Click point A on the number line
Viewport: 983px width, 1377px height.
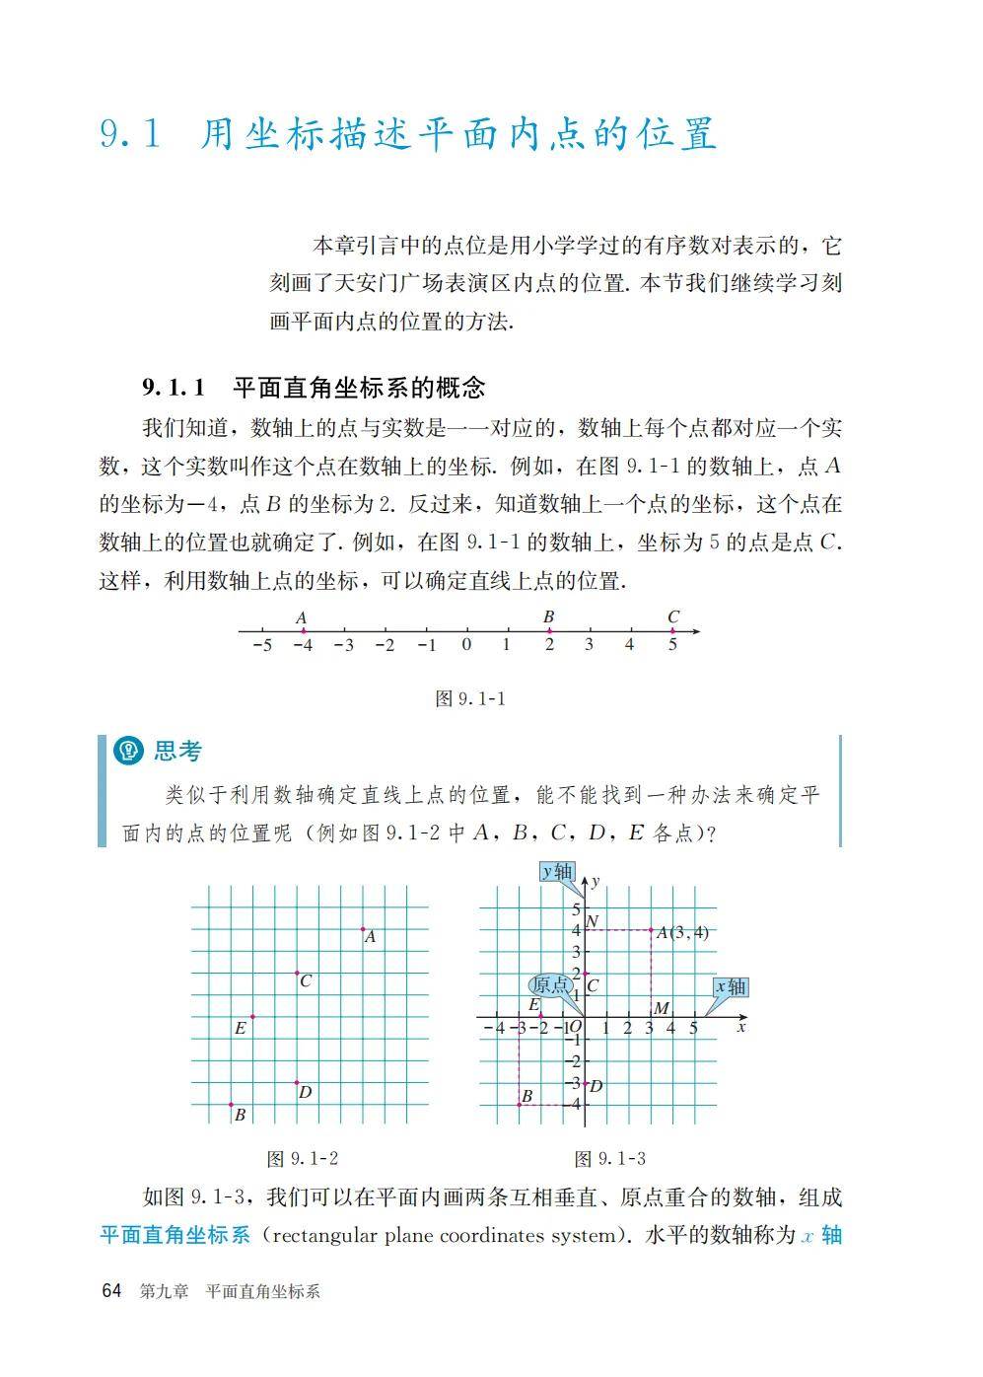(303, 631)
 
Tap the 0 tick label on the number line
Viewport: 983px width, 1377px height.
(466, 645)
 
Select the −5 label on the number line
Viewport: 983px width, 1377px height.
(261, 646)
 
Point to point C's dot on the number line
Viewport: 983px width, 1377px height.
(672, 631)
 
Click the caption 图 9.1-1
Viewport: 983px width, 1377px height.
(470, 698)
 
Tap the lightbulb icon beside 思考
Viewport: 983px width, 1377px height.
(129, 752)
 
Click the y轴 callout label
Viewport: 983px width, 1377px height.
(557, 871)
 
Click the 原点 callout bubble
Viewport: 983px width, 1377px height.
(550, 984)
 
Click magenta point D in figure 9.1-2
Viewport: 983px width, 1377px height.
(297, 1083)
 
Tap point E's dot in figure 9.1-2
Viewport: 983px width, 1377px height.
(253, 1016)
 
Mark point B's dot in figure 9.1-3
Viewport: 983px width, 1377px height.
(520, 1105)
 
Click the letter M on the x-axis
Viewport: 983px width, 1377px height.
(662, 1008)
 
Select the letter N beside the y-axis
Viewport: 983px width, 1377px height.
(592, 921)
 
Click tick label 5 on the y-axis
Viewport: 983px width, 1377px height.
(577, 908)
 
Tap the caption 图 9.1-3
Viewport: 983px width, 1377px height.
(609, 1158)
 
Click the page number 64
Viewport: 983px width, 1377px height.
(111, 1291)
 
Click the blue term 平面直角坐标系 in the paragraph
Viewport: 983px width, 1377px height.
(176, 1235)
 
